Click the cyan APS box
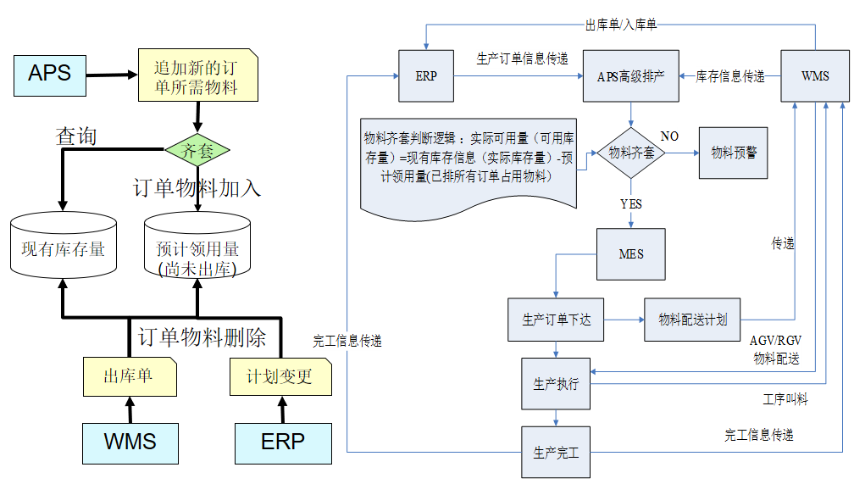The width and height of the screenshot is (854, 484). point(49,73)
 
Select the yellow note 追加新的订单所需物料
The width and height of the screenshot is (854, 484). point(197,76)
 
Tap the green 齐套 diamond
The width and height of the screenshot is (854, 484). point(197,151)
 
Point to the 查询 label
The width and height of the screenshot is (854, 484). point(75,136)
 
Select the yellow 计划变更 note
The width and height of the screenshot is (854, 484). point(280,376)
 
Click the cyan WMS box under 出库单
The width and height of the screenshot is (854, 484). point(130,442)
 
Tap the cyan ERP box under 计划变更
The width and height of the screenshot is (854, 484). point(282,442)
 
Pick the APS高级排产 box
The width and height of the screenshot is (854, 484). point(630,76)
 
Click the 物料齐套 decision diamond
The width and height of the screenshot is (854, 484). point(630,153)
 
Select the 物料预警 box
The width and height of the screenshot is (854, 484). point(734,153)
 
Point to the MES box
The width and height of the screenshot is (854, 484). point(630,254)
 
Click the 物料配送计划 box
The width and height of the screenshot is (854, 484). point(692,320)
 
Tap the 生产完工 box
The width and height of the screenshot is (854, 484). point(555,452)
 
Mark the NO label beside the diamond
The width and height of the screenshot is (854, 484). point(669,136)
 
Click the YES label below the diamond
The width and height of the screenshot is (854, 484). point(630,204)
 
